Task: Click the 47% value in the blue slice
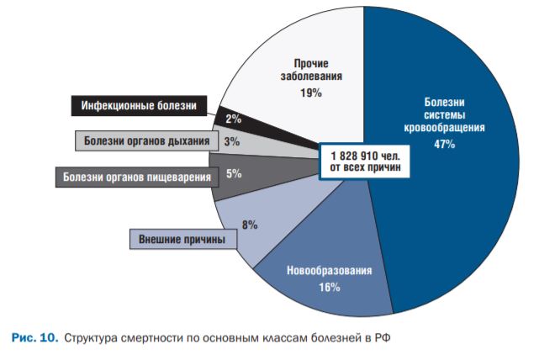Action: tap(444, 145)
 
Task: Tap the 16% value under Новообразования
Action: tap(329, 288)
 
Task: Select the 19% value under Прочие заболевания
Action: tap(310, 93)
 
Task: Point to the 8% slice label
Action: tap(250, 225)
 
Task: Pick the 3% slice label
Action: tap(231, 141)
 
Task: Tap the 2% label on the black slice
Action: tap(233, 119)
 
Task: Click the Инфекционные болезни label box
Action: tap(139, 107)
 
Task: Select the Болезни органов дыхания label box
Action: tap(145, 140)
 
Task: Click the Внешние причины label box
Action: tap(182, 240)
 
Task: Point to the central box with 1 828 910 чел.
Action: tap(364, 161)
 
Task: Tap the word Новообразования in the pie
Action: tap(329, 272)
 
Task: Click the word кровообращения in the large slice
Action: tap(444, 129)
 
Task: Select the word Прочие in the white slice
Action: tap(310, 63)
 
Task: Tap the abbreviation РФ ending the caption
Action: tap(383, 338)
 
